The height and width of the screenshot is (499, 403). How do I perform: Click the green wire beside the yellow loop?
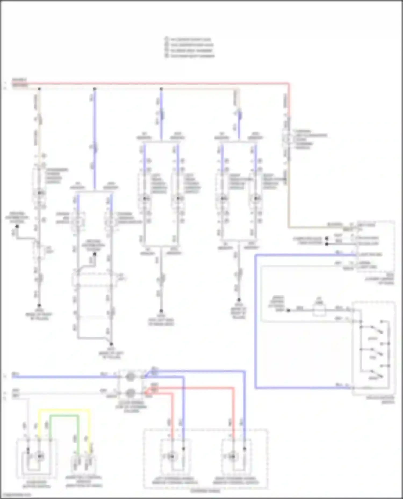coord(64,416)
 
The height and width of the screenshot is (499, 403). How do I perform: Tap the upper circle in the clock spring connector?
coord(130,377)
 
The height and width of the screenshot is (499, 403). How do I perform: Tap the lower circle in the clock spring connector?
coord(130,393)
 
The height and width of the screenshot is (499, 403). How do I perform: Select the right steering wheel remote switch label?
coord(236,480)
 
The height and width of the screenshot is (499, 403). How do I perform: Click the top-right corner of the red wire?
coord(289,84)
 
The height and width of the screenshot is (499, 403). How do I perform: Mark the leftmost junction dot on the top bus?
coord(39,89)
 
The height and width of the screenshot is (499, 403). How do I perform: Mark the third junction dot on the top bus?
coord(161,89)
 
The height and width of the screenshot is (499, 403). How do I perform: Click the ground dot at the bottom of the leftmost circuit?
coord(39,305)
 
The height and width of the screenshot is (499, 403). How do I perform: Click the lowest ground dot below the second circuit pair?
coord(111,344)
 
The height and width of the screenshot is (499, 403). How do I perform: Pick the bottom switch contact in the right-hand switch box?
coord(376,374)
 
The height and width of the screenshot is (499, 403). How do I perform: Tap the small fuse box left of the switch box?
coord(319,310)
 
